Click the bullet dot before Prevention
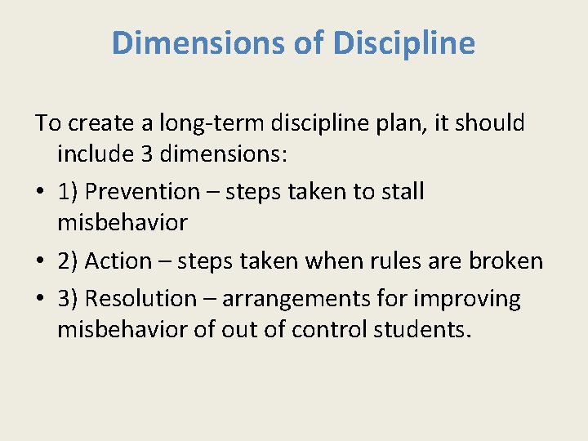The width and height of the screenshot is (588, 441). [41, 193]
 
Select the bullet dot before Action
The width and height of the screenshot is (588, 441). [41, 262]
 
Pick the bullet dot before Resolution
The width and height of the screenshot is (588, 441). [41, 300]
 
